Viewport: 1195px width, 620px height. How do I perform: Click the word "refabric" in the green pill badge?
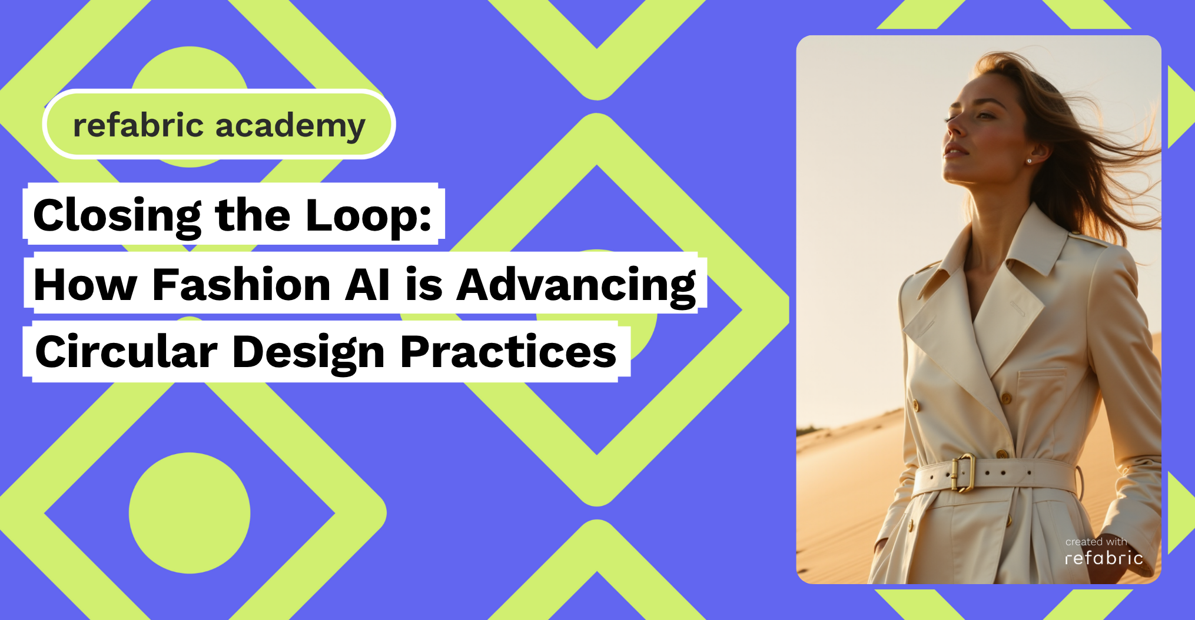[x=138, y=125]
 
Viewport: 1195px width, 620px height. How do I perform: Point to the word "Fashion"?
[x=241, y=285]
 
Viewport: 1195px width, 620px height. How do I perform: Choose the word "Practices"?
[x=508, y=351]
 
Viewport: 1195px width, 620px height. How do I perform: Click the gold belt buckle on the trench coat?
[x=962, y=473]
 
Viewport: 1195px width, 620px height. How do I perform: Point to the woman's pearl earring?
[x=1029, y=161]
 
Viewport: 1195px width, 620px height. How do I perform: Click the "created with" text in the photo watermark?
[x=1096, y=542]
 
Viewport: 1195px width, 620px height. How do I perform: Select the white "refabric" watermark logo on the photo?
[x=1104, y=558]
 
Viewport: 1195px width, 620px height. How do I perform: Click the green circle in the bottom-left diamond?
[x=190, y=513]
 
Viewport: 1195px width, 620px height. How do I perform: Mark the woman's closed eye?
[x=984, y=115]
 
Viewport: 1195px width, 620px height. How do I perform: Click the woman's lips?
[x=954, y=151]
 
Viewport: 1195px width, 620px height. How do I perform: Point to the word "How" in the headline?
[x=85, y=285]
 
